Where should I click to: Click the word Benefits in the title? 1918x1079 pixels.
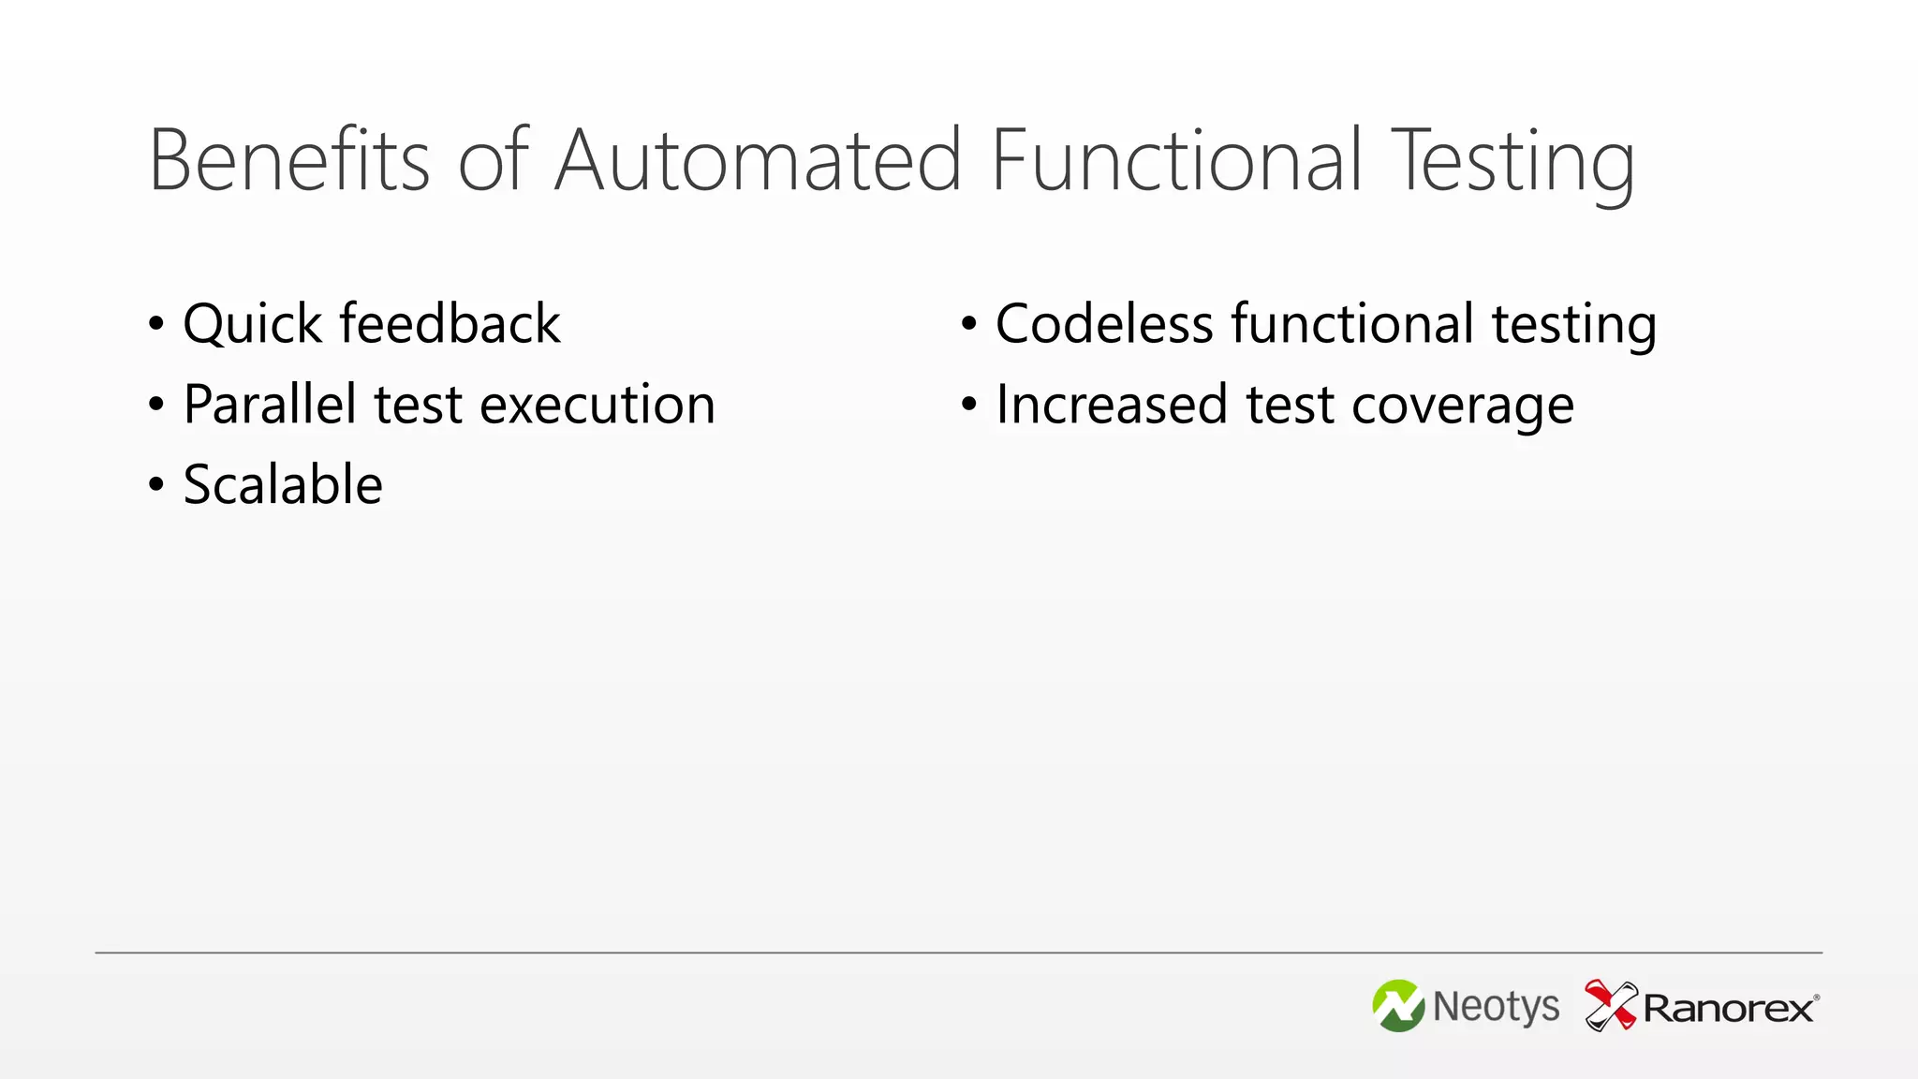tap(288, 160)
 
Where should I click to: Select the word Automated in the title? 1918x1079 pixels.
tap(759, 160)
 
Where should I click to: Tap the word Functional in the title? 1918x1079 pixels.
tap(1176, 160)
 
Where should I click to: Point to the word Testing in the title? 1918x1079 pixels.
tap(1512, 164)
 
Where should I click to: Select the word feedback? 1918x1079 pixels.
tap(450, 324)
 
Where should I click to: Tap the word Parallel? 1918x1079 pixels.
tap(270, 405)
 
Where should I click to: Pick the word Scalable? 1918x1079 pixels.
tap(283, 485)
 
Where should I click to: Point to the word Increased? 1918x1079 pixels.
tap(1111, 405)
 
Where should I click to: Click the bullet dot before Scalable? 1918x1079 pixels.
tap(156, 485)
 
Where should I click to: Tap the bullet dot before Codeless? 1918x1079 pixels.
tap(969, 324)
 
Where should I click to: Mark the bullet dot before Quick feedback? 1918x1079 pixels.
tap(156, 324)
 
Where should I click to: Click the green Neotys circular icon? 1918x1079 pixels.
tap(1398, 1006)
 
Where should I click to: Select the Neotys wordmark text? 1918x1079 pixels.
tap(1496, 1007)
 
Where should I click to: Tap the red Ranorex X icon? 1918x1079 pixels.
tap(1610, 1005)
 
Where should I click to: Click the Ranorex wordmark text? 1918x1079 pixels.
tap(1729, 1009)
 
